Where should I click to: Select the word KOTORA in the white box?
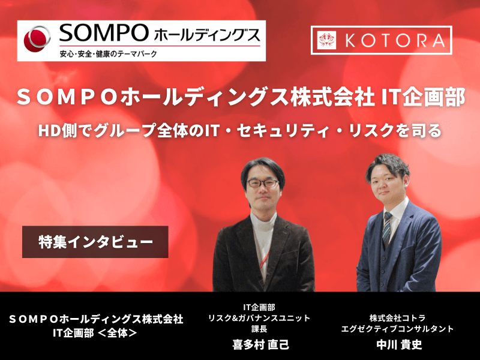396,40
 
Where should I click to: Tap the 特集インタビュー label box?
95,242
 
